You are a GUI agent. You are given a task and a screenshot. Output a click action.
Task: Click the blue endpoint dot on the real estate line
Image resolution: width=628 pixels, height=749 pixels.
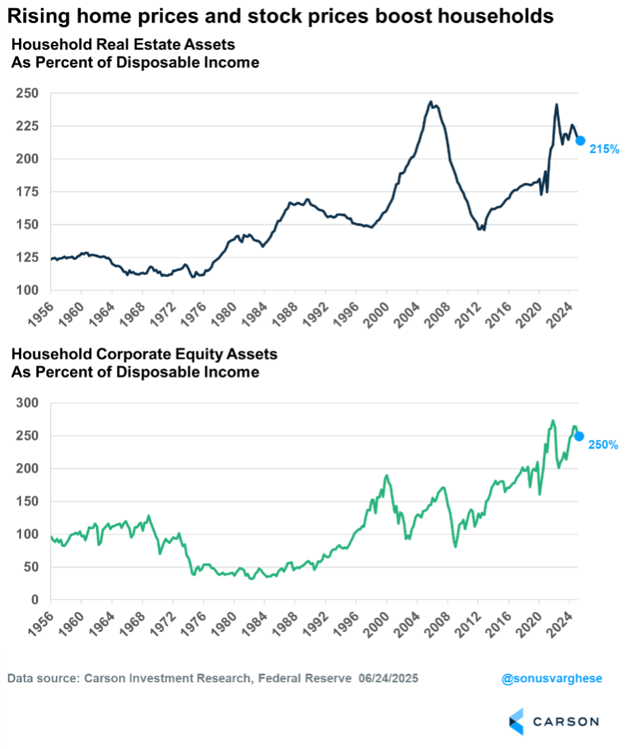tap(580, 140)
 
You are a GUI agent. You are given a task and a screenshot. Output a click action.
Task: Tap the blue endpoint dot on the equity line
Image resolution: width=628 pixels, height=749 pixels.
tap(580, 436)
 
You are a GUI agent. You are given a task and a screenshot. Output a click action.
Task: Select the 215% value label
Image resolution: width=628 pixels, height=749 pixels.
tap(603, 149)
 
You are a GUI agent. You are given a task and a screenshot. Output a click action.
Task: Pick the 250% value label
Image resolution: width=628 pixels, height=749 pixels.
tap(603, 445)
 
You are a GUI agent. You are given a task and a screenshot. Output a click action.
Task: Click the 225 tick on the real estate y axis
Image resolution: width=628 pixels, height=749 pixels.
tap(31, 126)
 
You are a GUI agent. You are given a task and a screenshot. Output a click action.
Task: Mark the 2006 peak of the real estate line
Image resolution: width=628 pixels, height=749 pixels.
tap(430, 102)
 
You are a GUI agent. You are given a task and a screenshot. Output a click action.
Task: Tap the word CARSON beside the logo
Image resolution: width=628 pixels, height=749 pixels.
tap(565, 722)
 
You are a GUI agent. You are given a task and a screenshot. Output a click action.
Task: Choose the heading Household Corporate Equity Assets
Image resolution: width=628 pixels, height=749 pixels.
tap(145, 355)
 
